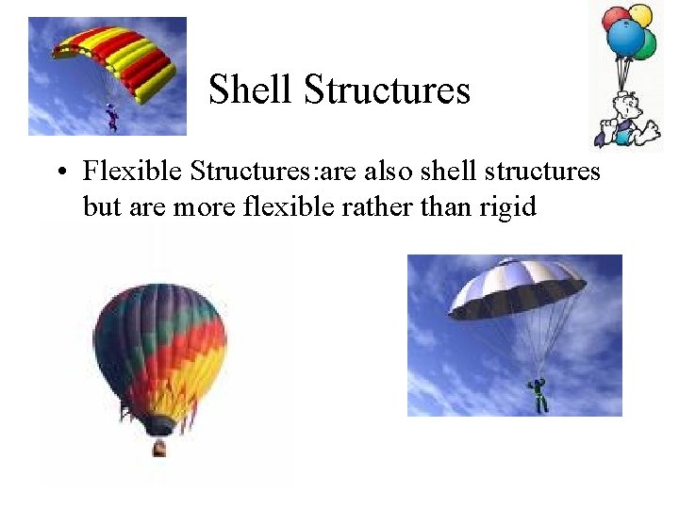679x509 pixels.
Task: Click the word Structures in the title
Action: (388, 90)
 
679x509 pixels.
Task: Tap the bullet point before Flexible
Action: (60, 172)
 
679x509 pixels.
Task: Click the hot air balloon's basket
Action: (160, 446)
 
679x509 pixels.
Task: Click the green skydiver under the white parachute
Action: (538, 394)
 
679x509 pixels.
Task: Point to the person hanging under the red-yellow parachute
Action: (112, 117)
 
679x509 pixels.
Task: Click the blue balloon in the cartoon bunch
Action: (625, 38)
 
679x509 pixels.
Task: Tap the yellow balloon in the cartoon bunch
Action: (641, 14)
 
